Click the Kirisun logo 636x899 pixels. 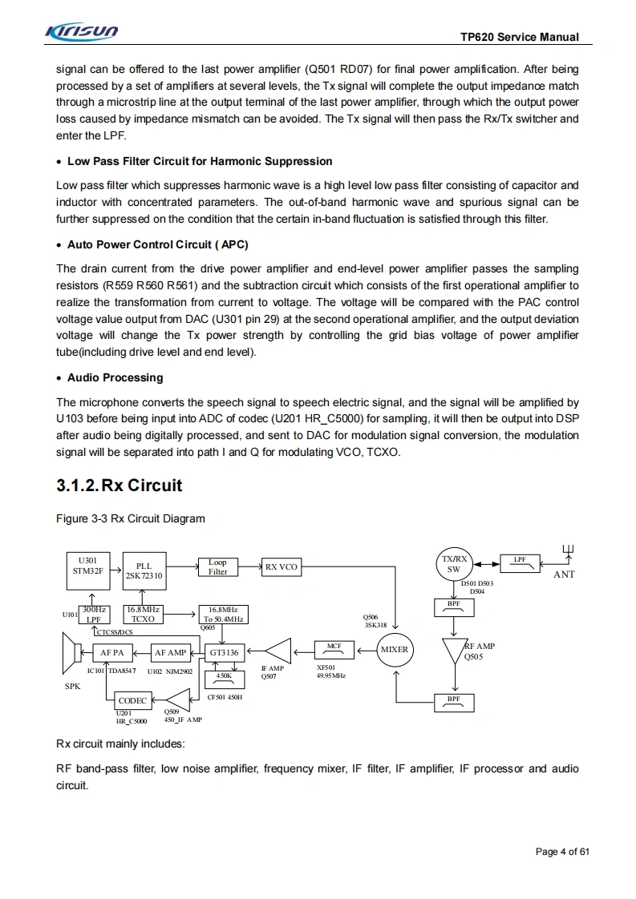(83, 32)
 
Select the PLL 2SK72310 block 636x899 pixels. (144, 570)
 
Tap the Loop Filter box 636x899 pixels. (217, 567)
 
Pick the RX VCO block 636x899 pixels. (281, 567)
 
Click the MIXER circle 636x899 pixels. (395, 650)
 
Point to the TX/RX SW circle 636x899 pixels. (454, 564)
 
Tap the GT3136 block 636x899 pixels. (225, 652)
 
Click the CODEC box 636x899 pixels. (132, 700)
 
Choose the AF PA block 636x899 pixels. (112, 652)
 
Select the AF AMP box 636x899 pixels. (170, 652)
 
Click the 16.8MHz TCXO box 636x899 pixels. (143, 615)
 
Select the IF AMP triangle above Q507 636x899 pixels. (278, 651)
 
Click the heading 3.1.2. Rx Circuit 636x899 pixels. (120, 486)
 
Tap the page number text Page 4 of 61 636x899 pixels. (562, 852)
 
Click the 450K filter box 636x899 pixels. (225, 678)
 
